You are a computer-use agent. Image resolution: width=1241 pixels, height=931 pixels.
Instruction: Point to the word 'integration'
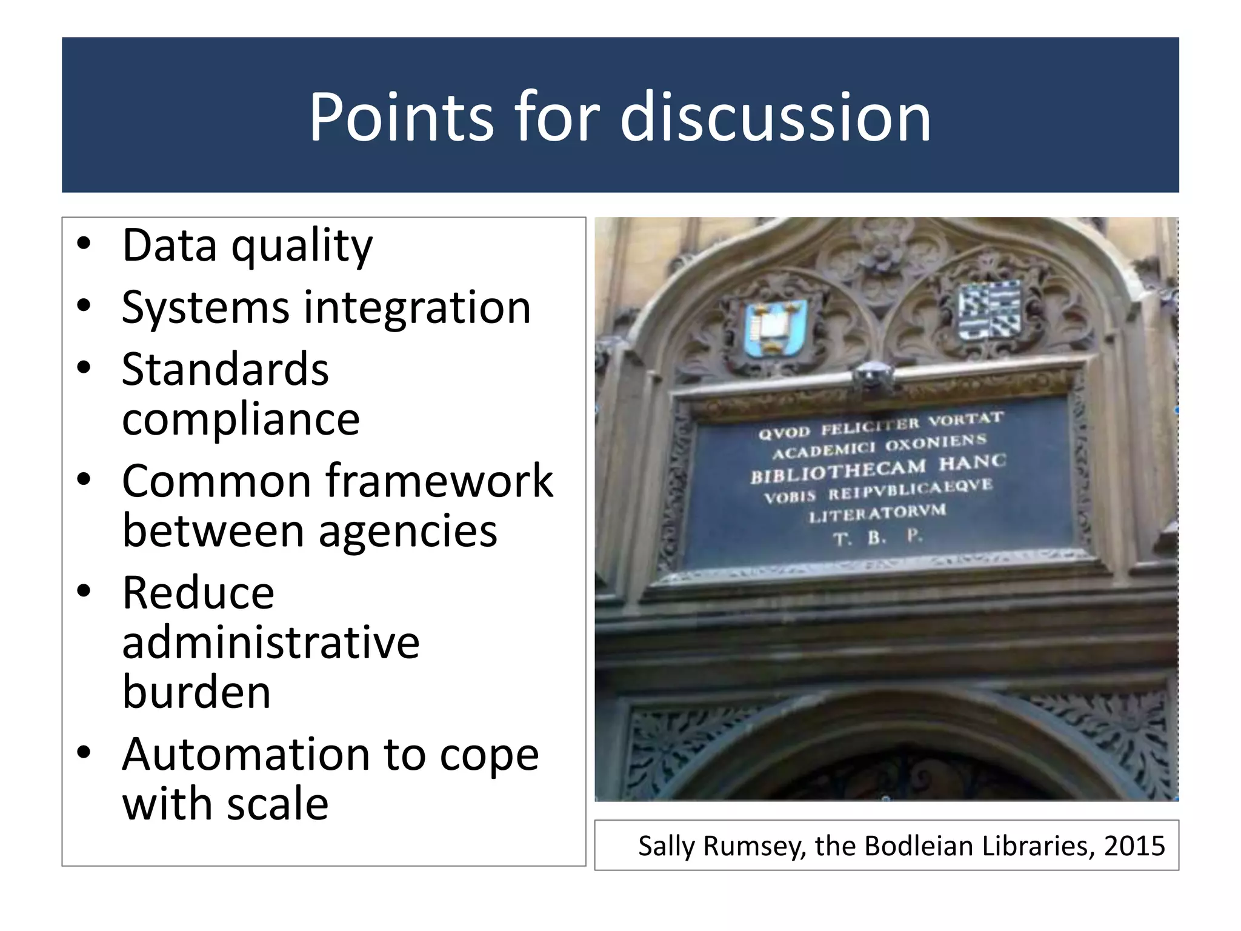417,308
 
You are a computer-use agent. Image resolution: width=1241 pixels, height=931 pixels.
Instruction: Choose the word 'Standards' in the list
225,370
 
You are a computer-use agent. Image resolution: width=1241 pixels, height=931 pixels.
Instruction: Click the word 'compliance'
241,419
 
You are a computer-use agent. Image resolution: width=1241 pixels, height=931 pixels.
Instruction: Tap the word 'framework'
439,481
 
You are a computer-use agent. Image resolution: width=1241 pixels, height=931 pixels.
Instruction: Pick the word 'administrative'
270,642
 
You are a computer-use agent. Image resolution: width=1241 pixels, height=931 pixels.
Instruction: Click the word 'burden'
196,692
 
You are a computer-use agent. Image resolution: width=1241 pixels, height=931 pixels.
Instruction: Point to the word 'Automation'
245,755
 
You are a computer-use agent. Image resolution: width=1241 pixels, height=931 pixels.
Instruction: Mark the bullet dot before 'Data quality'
84,245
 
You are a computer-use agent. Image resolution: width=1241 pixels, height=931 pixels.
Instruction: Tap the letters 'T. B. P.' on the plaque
877,537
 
